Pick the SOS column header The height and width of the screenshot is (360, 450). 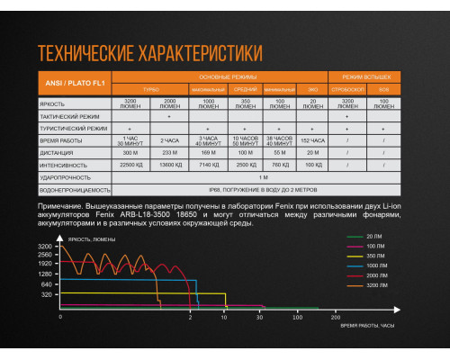[382, 89]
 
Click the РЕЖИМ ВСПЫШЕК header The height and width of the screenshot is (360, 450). [365, 77]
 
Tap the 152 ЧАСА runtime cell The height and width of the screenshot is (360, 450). [311, 141]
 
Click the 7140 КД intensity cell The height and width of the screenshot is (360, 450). [209, 165]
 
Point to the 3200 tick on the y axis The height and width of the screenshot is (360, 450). [46, 246]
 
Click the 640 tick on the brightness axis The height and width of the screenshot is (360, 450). [46, 283]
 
